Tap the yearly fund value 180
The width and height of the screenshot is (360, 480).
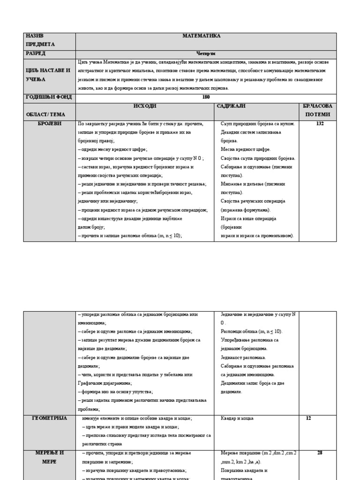tap(206, 97)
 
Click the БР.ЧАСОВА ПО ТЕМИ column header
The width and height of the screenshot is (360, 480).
tap(317, 110)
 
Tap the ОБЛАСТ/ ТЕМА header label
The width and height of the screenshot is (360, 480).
tap(45, 114)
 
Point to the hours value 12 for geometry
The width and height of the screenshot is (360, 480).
tap(308, 418)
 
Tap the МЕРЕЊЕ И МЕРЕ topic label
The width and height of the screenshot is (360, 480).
tap(49, 457)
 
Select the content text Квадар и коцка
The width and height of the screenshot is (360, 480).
tap(237, 418)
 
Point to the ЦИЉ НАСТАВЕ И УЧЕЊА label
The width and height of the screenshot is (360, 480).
tap(48, 75)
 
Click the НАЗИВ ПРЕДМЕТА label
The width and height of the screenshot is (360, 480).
tap(40, 40)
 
